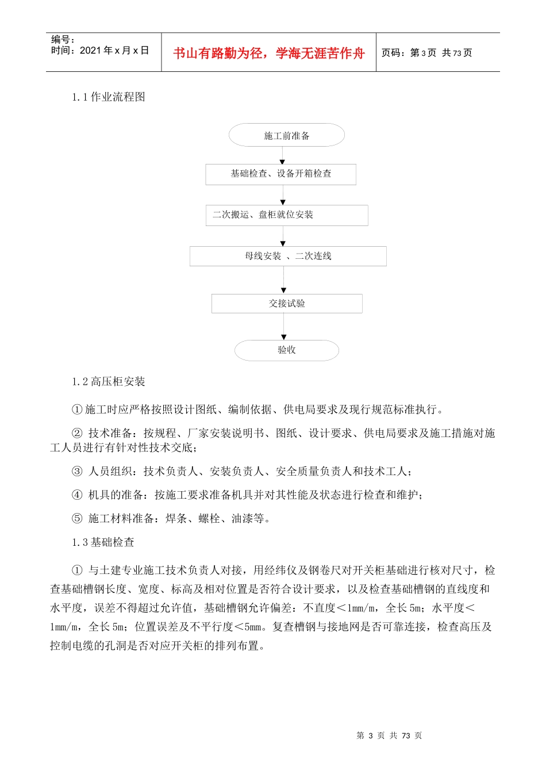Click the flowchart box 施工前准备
point(286,136)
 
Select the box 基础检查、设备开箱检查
point(280,174)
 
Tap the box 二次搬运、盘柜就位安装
point(286,215)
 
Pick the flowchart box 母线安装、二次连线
point(288,257)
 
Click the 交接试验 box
point(286,304)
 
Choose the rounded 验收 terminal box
point(286,350)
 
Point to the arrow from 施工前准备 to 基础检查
point(282,156)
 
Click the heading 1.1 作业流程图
point(108,97)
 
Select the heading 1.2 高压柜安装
point(108,382)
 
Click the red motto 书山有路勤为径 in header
point(269,53)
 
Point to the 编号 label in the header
point(63,40)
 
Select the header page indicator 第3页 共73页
point(426,53)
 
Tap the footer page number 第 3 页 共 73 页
point(389,736)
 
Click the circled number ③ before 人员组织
point(77,472)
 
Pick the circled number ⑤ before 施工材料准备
point(77,519)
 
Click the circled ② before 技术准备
point(77,433)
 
